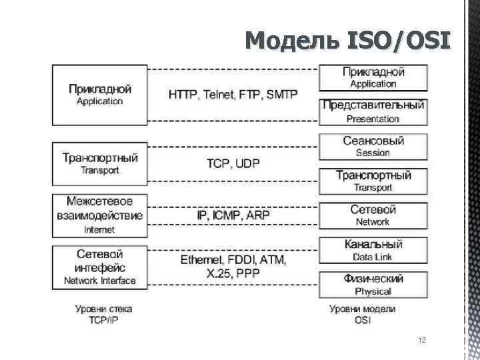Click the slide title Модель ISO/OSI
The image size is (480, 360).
point(348,42)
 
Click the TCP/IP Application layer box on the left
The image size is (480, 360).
point(99,95)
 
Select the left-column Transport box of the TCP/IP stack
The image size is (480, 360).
point(99,163)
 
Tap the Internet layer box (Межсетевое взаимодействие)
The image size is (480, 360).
point(99,215)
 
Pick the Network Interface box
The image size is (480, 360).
point(99,267)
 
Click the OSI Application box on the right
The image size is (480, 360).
point(373,77)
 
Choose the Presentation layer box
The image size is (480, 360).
point(373,111)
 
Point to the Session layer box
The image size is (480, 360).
point(373,146)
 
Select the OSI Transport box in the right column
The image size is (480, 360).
point(373,181)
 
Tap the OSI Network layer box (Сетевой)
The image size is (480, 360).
point(373,215)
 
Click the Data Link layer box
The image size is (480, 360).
point(373,250)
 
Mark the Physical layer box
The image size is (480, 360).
point(373,285)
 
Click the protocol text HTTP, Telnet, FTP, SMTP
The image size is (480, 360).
point(233,95)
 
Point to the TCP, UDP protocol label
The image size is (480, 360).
point(233,163)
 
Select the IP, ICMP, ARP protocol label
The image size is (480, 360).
point(233,215)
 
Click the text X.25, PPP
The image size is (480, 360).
point(233,273)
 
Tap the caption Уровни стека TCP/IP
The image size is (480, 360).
point(103,314)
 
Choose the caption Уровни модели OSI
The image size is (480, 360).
point(363,314)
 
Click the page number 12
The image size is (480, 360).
point(421,340)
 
